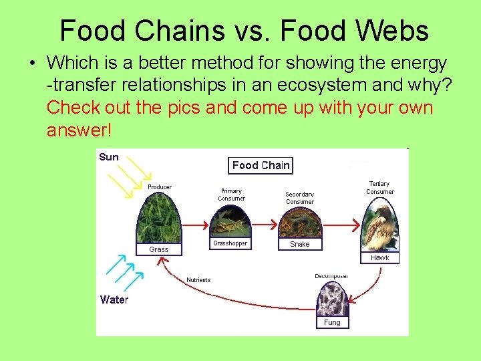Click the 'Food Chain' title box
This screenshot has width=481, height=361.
click(x=261, y=165)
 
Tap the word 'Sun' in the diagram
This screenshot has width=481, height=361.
click(x=108, y=157)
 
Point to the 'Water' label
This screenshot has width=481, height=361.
click(x=114, y=299)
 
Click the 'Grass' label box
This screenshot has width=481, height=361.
click(x=159, y=249)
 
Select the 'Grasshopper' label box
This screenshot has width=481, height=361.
click(x=230, y=243)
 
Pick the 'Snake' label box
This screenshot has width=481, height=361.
click(x=299, y=244)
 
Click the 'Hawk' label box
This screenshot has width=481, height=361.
click(x=379, y=257)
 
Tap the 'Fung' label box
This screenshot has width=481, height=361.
click(x=332, y=322)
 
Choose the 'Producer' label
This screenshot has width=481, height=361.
click(x=160, y=187)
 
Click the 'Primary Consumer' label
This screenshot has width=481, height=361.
click(x=231, y=195)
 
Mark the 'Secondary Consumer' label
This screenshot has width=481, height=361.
click(x=300, y=198)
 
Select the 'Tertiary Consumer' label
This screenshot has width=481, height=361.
click(x=379, y=188)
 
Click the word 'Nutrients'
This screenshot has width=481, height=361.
click(x=198, y=280)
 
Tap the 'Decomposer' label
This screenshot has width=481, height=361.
click(x=331, y=276)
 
